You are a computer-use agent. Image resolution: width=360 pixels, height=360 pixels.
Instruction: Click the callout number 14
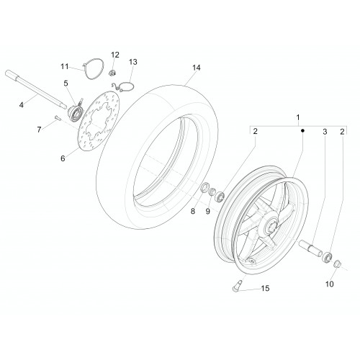[x=196, y=68]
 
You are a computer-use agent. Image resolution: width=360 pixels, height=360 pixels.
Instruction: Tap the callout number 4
[x=22, y=105]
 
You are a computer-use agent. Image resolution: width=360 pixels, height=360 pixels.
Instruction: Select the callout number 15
[x=265, y=288]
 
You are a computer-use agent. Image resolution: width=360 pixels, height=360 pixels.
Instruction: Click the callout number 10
[x=330, y=284]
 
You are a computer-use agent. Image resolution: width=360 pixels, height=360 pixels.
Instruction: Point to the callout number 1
[x=298, y=117]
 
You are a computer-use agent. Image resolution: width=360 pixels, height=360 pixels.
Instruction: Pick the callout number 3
[x=325, y=132]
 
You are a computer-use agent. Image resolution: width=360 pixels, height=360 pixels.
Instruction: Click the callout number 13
[x=133, y=62]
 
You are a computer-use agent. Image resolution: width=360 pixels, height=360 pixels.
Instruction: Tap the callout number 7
[x=39, y=130]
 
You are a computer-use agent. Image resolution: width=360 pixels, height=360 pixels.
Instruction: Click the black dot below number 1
[x=302, y=130]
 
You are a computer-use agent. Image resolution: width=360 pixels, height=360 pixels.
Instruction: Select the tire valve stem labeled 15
[x=237, y=286]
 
